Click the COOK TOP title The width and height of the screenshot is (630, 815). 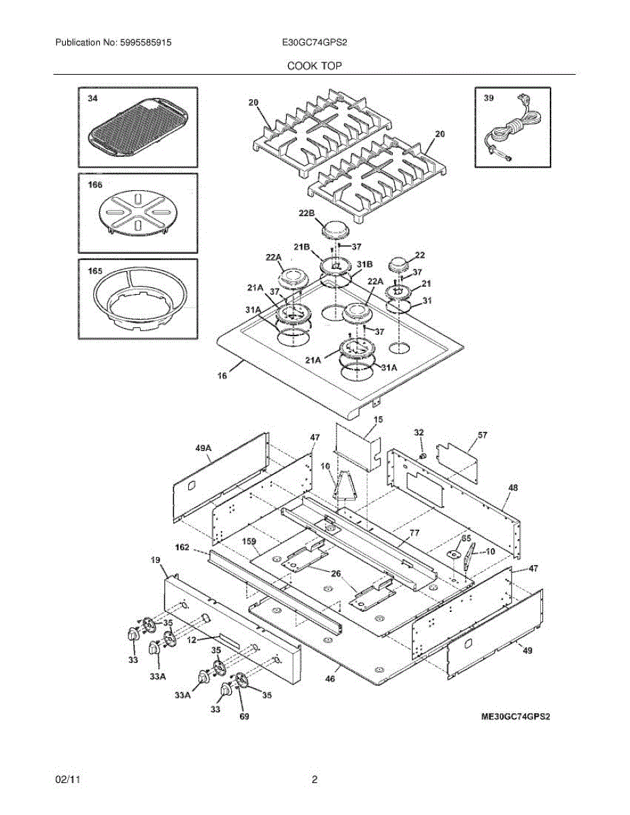click(x=314, y=66)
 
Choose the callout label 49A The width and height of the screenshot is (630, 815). click(x=204, y=448)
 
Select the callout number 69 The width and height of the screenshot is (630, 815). click(x=244, y=716)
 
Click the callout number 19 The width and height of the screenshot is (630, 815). click(x=154, y=560)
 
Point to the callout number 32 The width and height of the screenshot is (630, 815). click(x=419, y=433)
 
